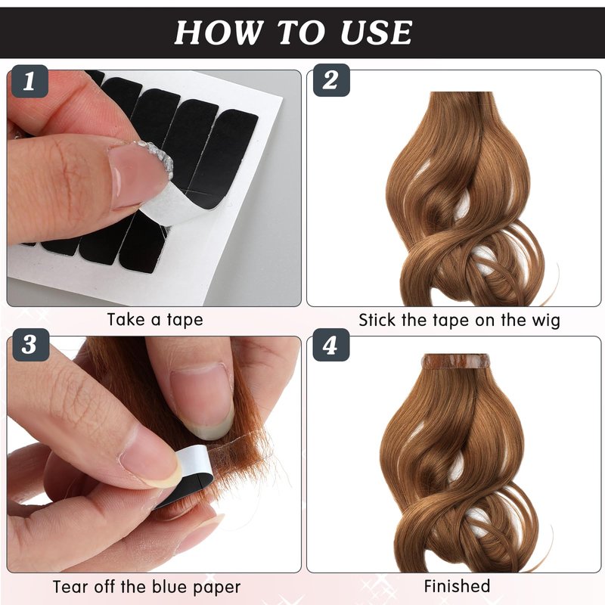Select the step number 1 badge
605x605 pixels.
pos(29,81)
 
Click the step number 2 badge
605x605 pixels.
pos(330,80)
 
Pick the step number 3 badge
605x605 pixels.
pos(30,345)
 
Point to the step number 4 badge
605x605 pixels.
pos(330,346)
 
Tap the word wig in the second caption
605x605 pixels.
pos(545,321)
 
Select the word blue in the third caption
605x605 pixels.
pos(169,587)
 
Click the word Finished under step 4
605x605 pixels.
pos(458,586)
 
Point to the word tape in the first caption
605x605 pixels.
pos(185,320)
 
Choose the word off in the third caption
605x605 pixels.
pos(103,587)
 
